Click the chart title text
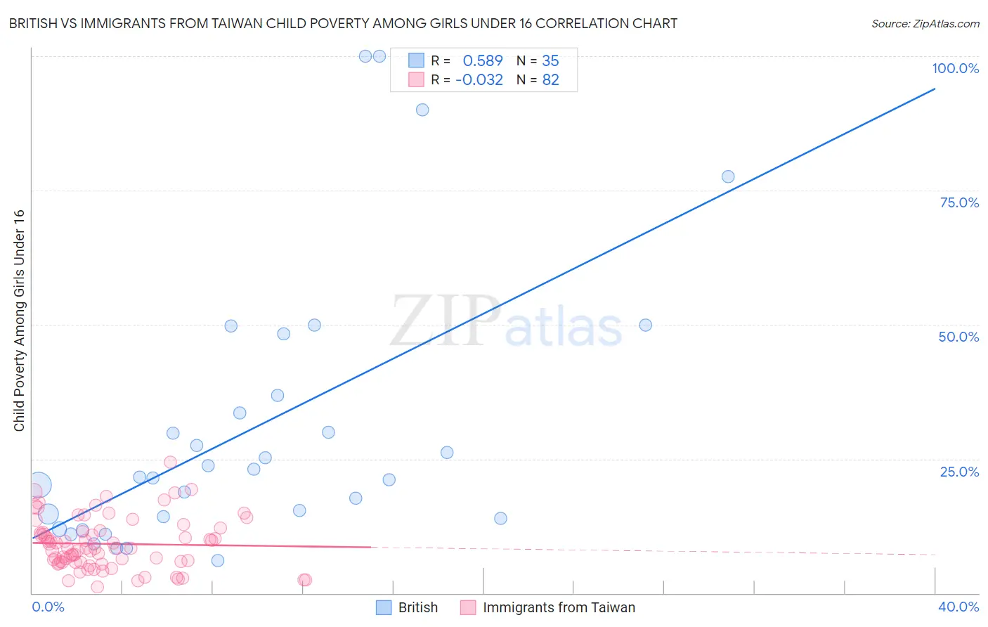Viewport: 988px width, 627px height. tap(343, 23)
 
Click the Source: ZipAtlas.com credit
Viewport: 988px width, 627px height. tap(925, 23)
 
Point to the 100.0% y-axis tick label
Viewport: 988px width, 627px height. tap(955, 68)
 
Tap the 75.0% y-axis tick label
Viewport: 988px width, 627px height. tap(959, 202)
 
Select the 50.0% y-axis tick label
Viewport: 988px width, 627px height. tap(958, 337)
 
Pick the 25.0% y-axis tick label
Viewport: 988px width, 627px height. tap(959, 471)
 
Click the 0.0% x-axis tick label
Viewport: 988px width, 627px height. tap(48, 607)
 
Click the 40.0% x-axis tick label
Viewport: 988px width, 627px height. tap(958, 607)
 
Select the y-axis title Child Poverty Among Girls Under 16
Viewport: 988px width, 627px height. tap(19, 321)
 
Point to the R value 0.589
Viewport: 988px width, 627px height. tap(483, 60)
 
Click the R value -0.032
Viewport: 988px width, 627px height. tap(479, 79)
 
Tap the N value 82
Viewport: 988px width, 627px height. tap(550, 79)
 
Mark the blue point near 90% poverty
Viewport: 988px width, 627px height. tap(422, 110)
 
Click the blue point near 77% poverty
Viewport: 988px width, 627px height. tap(728, 176)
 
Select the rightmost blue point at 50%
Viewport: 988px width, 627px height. tap(646, 325)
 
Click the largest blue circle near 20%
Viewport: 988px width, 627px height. tap(39, 485)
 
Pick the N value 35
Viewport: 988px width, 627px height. tap(550, 60)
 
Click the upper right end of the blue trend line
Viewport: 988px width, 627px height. tap(935, 89)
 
